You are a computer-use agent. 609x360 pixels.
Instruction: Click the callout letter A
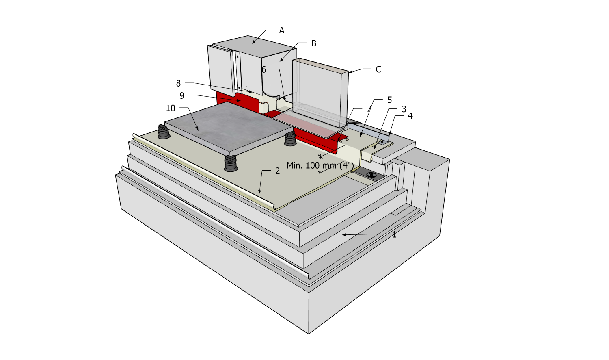[281, 30]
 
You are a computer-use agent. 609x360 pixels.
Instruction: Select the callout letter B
[313, 43]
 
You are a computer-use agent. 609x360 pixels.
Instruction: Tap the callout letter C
[378, 69]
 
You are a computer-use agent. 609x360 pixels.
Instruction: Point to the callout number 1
[394, 234]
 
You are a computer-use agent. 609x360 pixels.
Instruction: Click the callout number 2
[277, 171]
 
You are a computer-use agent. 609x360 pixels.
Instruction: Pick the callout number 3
[404, 109]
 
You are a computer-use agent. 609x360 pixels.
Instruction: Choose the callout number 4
[410, 116]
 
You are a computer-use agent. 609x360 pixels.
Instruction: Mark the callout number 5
[389, 100]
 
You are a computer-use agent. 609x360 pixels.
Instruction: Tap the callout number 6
[264, 70]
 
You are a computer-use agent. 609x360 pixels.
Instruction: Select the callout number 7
[369, 109]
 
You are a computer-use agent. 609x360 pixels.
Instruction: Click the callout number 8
[178, 83]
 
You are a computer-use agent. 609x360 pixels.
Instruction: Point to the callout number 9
[182, 96]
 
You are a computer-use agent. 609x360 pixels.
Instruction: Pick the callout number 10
[171, 108]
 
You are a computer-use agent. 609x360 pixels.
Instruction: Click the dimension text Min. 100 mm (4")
[320, 166]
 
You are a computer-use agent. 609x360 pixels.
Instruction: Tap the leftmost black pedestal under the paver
[163, 132]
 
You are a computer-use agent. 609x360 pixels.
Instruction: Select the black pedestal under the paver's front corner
[231, 163]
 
